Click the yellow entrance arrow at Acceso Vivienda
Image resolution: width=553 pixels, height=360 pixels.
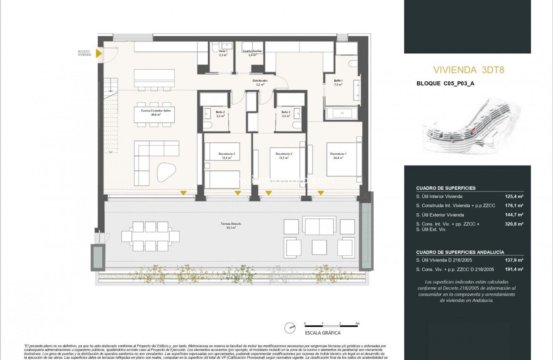point(99,53)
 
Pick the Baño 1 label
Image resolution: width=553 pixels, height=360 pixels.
point(338,82)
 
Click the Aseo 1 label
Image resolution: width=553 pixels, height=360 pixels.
point(223,53)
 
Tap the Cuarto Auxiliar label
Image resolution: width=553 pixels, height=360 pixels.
point(252,53)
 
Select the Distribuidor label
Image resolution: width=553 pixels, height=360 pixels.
point(260,83)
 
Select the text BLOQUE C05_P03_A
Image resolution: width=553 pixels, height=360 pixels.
point(445,83)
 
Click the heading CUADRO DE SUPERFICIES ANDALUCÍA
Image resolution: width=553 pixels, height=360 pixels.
point(460,252)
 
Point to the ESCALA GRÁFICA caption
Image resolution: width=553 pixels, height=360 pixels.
point(323,333)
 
